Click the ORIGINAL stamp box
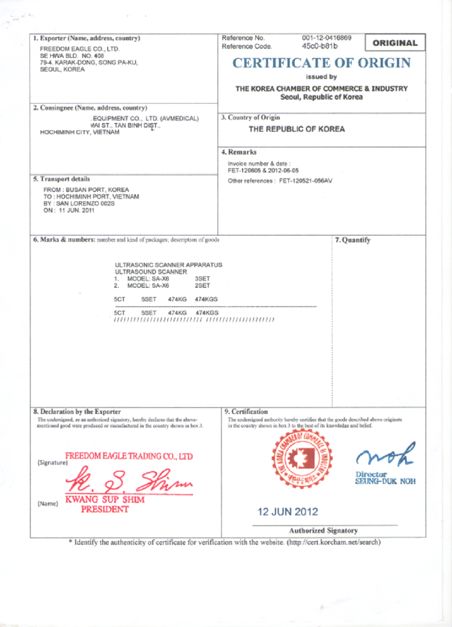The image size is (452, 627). click(395, 43)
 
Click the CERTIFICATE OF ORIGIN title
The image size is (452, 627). click(321, 63)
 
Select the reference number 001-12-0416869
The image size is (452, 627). click(326, 38)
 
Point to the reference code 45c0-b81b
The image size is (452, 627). click(320, 46)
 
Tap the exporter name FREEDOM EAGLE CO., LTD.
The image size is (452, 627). click(80, 49)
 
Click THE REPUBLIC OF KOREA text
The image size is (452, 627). click(297, 129)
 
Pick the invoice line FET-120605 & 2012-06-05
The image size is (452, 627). click(263, 171)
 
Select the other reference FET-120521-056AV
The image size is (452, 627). click(306, 181)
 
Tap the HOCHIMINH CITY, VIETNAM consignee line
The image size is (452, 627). click(80, 132)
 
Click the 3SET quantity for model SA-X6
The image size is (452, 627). click(202, 279)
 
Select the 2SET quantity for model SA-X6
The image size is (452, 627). click(202, 285)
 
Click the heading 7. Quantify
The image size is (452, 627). click(353, 240)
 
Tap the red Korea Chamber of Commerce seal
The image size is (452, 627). click(301, 459)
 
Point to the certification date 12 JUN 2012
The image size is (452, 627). click(288, 512)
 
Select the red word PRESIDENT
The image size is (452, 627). click(105, 509)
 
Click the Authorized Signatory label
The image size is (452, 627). click(323, 531)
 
